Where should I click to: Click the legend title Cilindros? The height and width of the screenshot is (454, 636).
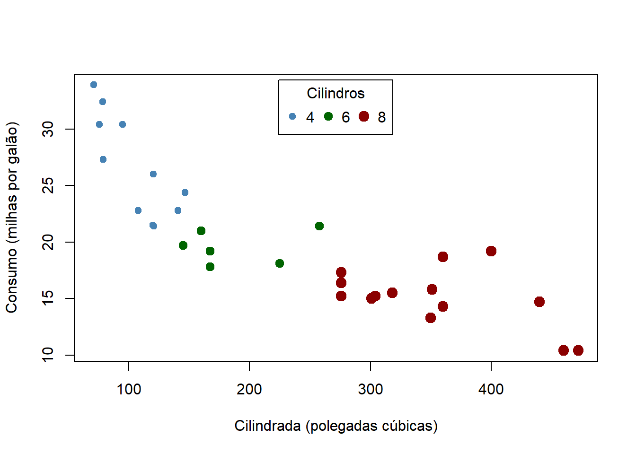tap(336, 94)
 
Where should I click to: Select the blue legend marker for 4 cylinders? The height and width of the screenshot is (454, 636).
tap(292, 116)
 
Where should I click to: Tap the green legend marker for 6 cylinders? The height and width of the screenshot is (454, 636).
tap(328, 116)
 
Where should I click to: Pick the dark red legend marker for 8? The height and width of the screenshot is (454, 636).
tap(364, 116)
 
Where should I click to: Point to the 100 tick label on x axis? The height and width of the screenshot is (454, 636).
tap(129, 390)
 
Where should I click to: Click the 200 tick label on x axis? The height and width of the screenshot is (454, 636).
tap(249, 390)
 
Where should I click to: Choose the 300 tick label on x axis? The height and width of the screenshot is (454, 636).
tap(370, 390)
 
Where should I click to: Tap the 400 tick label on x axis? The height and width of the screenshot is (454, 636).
tap(491, 390)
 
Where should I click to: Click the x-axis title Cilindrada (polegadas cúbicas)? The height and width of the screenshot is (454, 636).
tap(336, 426)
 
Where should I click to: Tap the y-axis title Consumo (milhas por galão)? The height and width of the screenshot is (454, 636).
tap(12, 218)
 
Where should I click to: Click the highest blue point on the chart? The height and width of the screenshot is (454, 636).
tap(94, 85)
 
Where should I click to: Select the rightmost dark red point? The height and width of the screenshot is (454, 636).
tap(578, 350)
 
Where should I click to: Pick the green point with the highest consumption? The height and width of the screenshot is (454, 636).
tap(319, 226)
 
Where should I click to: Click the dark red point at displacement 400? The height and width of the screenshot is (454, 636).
tap(491, 251)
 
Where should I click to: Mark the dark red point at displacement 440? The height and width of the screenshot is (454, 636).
tap(539, 302)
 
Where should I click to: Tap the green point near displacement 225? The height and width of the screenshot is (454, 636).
tap(280, 263)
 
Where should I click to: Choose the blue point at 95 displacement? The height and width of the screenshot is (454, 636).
tap(123, 124)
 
